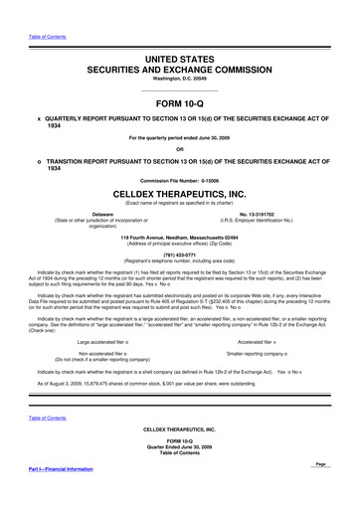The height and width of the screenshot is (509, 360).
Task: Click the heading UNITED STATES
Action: pyautogui.click(x=179, y=34)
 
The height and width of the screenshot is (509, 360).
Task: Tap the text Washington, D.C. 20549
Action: pyautogui.click(x=179, y=57)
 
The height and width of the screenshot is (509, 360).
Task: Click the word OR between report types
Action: pyautogui.click(x=179, y=150)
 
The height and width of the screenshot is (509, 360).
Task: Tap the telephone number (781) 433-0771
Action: pyautogui.click(x=179, y=254)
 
